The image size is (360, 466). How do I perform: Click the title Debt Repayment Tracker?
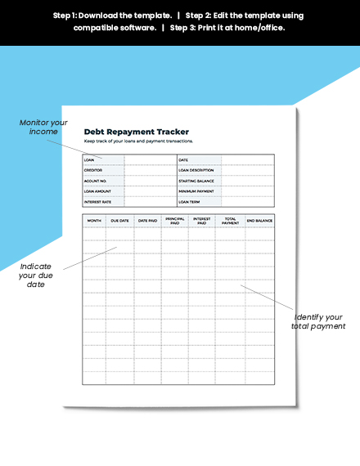(x=137, y=132)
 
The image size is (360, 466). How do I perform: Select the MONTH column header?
(x=94, y=221)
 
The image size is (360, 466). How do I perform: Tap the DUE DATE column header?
(x=119, y=221)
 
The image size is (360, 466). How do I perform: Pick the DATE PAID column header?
(x=147, y=221)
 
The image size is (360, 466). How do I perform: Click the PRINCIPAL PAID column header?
(x=175, y=220)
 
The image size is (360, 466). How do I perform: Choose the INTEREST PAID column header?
(x=202, y=220)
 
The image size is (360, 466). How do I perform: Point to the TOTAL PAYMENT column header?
(x=231, y=220)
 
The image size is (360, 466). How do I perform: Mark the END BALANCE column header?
(x=259, y=221)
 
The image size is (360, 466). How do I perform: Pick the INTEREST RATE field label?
(x=97, y=201)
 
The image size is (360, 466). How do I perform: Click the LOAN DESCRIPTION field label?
(x=196, y=170)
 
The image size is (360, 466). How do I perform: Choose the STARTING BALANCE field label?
(x=197, y=181)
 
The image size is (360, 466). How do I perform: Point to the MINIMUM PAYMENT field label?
(x=196, y=190)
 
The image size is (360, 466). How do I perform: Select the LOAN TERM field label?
(x=190, y=201)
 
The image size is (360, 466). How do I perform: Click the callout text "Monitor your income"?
(x=43, y=128)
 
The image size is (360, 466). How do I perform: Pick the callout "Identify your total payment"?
(x=317, y=321)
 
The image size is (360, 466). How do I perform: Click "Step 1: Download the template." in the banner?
(x=112, y=16)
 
